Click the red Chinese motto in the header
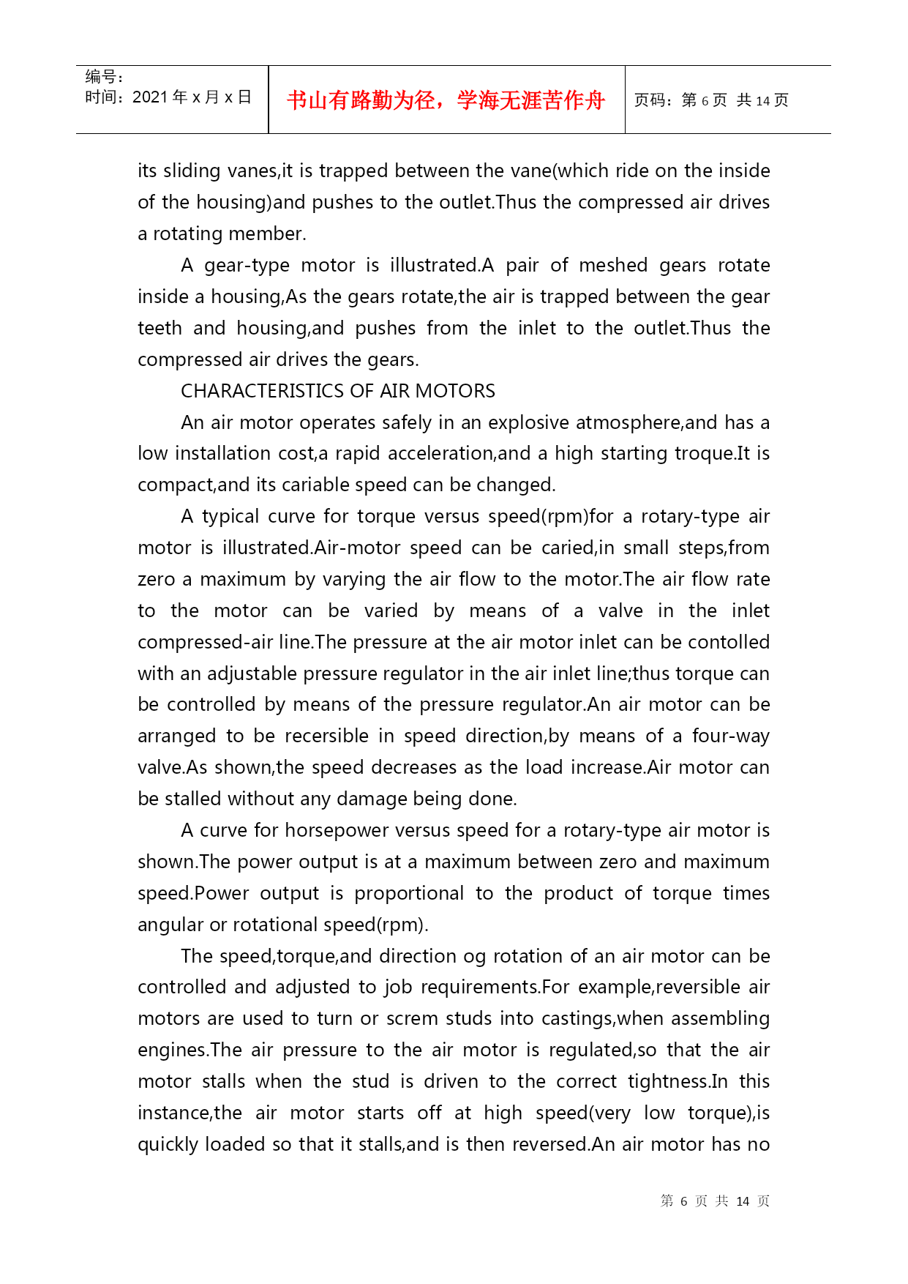coord(446,100)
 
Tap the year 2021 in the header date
coord(150,97)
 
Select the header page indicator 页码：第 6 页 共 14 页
coord(710,100)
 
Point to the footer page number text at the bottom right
coord(715,1201)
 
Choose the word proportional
coord(409,893)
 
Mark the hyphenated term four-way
coord(731,736)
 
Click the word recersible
coord(326,736)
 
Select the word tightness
coord(668,1081)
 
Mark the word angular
coord(170,925)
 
